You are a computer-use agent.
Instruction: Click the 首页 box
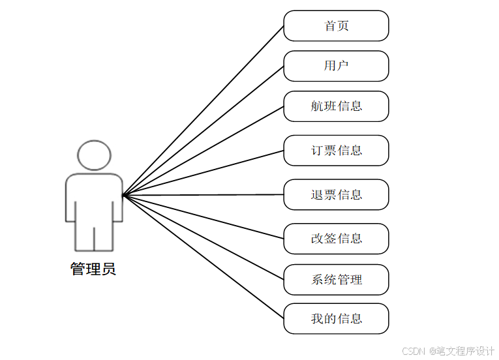coord(336,26)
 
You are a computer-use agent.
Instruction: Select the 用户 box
coord(336,66)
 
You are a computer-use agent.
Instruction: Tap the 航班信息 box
coord(336,106)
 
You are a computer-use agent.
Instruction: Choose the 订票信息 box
coord(336,151)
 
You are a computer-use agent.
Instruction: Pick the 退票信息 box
coord(336,194)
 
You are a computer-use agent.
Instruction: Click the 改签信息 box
coord(336,239)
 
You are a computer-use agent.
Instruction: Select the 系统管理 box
coord(336,280)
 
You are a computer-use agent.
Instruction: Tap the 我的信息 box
coord(336,319)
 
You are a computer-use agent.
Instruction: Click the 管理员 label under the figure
coord(93,269)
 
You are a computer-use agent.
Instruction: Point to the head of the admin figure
coord(94,156)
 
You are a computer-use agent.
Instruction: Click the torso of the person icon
coord(94,196)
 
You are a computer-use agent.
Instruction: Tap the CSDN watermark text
coord(414,352)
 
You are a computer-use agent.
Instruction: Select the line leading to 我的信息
coord(203,257)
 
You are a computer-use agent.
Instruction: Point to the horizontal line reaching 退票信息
coord(203,195)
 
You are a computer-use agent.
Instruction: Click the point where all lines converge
coord(123,195)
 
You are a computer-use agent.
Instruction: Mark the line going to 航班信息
coord(203,151)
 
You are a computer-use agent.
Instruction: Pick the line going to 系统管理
coord(203,237)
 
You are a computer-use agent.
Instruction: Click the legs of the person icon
coord(94,238)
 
